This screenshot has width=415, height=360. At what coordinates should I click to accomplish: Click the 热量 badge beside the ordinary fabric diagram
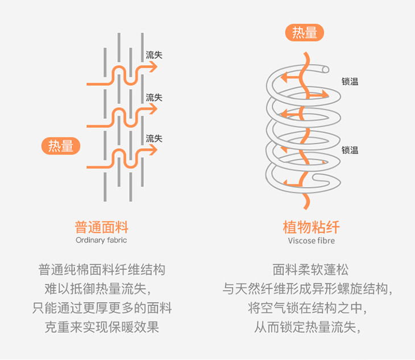[61, 146]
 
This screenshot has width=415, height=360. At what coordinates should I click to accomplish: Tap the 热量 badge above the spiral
[304, 33]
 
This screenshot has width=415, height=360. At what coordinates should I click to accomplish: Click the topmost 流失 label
[154, 55]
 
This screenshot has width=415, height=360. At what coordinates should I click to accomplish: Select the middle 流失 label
[154, 97]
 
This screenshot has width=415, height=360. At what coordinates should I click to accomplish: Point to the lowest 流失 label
[154, 138]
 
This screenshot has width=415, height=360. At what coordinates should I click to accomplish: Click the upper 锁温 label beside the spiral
[350, 82]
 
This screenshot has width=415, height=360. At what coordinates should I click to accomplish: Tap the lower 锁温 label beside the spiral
[350, 150]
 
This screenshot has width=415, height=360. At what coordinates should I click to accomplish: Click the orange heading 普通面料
[102, 228]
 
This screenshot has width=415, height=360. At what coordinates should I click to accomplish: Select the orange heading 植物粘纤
[311, 228]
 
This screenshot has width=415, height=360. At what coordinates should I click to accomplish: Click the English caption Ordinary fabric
[101, 240]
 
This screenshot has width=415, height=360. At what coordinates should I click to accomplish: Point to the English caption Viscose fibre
[311, 240]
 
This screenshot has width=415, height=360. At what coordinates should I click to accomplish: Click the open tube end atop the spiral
[325, 69]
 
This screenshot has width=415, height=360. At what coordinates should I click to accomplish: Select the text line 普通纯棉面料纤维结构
[102, 269]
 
